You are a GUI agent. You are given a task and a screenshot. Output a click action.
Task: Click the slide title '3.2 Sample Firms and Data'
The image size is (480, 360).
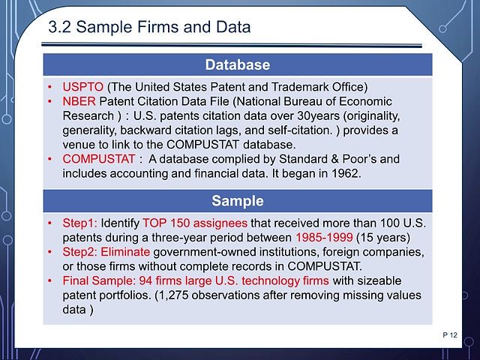[x=149, y=27]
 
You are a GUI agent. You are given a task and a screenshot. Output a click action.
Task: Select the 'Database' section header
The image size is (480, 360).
[x=238, y=64]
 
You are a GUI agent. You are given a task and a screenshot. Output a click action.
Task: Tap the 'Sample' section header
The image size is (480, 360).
[x=238, y=201]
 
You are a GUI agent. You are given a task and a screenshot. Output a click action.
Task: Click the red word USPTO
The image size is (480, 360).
[x=83, y=87]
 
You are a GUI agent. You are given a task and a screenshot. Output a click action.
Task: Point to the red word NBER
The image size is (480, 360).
[x=79, y=101]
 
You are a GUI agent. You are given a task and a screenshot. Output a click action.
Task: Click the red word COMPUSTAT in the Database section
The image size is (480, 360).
[x=98, y=159]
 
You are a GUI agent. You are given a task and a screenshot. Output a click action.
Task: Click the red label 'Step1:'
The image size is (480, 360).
[x=80, y=223]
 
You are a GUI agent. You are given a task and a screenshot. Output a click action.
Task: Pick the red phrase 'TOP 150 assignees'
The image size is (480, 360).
[x=195, y=223]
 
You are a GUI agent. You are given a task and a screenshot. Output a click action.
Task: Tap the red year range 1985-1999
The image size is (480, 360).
[x=324, y=237]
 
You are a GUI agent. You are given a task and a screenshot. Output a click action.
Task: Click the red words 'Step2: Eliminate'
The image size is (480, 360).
[x=106, y=252]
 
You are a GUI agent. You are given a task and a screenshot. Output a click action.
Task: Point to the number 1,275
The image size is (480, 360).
[x=172, y=295]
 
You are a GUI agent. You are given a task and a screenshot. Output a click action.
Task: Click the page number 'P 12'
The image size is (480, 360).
[x=450, y=335]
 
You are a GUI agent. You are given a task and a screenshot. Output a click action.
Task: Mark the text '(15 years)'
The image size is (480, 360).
[x=383, y=237]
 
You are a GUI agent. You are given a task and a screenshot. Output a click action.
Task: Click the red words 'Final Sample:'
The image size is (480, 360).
[x=99, y=280]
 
